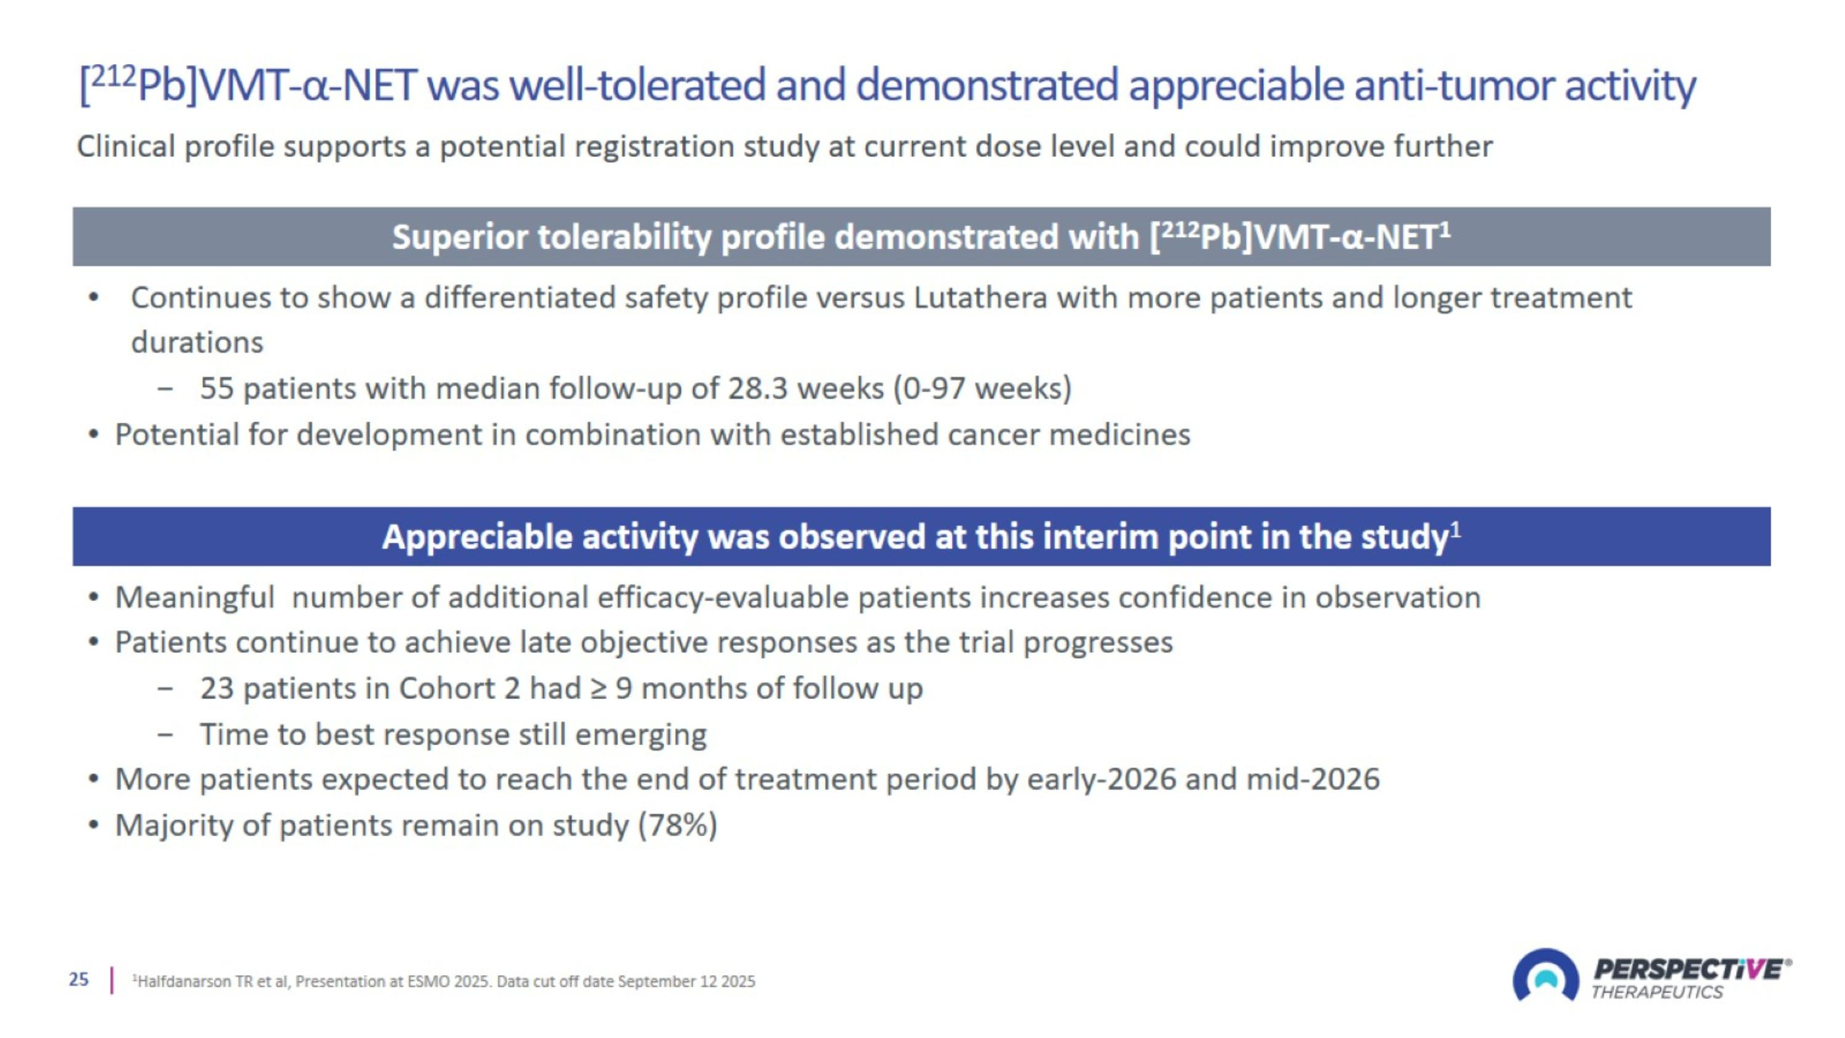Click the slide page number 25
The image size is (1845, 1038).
click(79, 980)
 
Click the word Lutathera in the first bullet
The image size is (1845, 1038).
click(980, 298)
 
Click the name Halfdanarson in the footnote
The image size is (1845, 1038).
click(183, 981)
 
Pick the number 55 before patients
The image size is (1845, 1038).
click(217, 389)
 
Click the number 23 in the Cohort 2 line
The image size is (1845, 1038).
click(217, 689)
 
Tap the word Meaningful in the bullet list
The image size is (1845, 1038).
click(195, 597)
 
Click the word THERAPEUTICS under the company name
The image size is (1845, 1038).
click(1657, 992)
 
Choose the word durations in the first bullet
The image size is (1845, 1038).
click(197, 343)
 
